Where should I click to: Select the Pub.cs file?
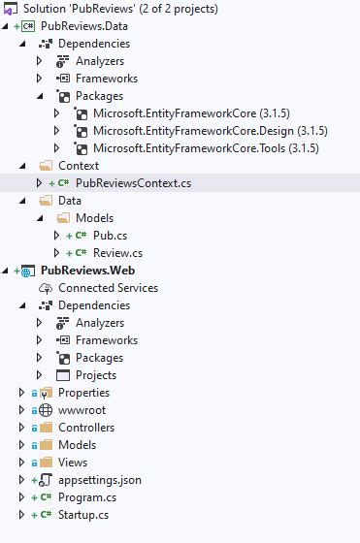pyautogui.click(x=109, y=235)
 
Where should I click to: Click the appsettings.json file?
pyautogui.click(x=99, y=479)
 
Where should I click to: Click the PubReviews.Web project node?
pyautogui.click(x=94, y=270)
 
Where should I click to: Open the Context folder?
pyautogui.click(x=79, y=165)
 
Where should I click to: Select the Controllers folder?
pyautogui.click(x=85, y=427)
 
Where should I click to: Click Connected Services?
pyautogui.click(x=108, y=287)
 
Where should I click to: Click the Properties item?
pyautogui.click(x=83, y=392)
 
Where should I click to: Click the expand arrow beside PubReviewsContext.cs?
pyautogui.click(x=39, y=182)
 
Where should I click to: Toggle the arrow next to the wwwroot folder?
pyautogui.click(x=21, y=409)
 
